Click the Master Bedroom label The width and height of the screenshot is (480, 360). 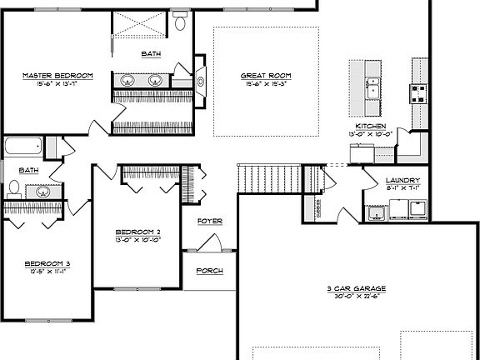(57, 76)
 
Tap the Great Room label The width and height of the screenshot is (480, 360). (266, 76)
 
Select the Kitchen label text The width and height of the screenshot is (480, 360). (371, 126)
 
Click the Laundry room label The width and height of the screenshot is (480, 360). (402, 181)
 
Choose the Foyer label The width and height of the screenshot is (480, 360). (209, 222)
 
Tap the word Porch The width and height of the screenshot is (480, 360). (209, 271)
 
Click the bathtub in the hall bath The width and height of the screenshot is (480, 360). (22, 147)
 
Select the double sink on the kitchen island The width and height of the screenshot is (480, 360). (372, 87)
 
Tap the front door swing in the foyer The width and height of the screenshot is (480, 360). (208, 244)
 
